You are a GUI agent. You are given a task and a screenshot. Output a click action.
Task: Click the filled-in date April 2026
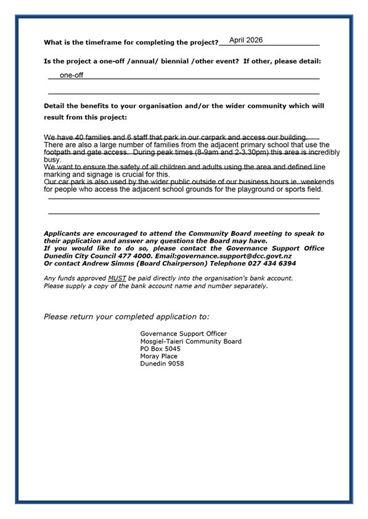245,40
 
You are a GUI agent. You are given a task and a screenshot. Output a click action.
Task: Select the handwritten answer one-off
71,75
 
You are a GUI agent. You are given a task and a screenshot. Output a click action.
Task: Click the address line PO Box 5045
160,348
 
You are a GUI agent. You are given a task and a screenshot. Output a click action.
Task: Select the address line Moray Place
160,356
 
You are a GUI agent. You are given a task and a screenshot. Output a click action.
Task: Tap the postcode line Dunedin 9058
162,363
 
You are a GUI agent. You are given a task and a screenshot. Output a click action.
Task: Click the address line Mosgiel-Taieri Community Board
190,341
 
